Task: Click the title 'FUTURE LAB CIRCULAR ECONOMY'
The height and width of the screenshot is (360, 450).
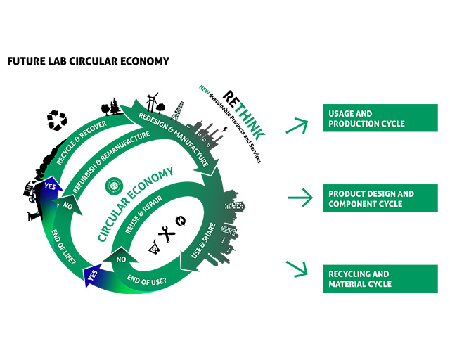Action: click(x=88, y=61)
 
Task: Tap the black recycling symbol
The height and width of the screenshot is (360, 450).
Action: click(x=56, y=120)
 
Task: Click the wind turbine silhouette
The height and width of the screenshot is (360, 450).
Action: click(x=155, y=104)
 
